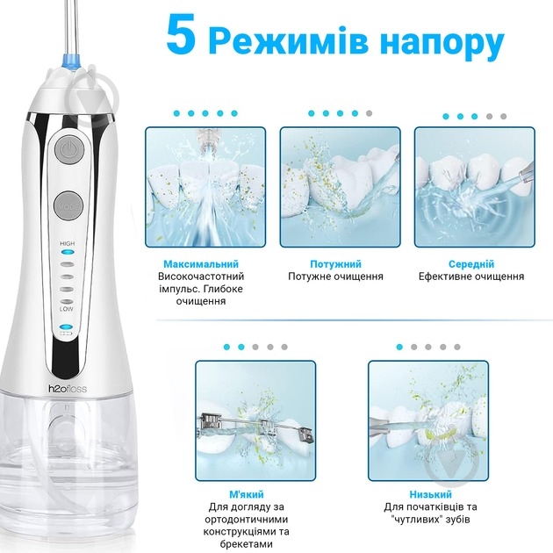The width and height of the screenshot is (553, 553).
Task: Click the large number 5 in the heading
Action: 183,39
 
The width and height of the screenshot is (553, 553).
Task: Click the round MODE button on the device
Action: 68,204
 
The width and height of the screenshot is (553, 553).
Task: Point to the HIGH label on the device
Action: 67,242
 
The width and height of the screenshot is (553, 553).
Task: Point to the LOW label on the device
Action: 67,309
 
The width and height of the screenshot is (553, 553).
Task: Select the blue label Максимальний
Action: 200,264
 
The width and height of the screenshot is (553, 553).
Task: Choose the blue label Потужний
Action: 335,264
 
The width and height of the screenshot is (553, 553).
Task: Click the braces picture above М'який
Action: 255,418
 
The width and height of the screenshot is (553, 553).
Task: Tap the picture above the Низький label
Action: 427,418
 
